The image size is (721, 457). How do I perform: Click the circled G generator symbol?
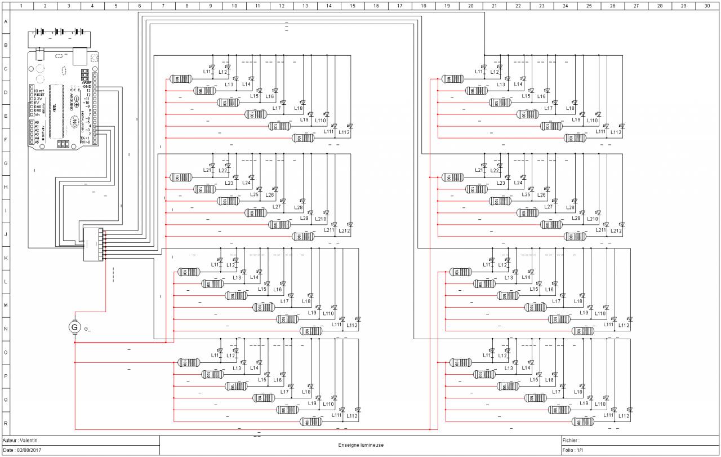[74, 327]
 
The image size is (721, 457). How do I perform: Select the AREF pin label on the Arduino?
[86, 82]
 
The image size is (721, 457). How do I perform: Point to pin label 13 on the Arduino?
[88, 90]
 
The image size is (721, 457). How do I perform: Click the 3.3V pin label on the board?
[38, 99]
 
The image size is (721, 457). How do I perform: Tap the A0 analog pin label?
[37, 122]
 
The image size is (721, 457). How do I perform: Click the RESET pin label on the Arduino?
[39, 95]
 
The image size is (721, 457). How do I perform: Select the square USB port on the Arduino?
[80, 55]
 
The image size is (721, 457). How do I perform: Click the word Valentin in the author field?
[29, 440]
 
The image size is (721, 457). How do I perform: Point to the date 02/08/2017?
[29, 450]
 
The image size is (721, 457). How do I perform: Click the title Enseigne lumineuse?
[360, 445]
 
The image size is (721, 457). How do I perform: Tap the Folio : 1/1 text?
[573, 450]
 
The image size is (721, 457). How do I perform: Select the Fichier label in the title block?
[571, 440]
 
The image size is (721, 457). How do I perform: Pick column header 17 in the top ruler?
[399, 5]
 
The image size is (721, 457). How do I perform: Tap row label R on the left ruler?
[5, 423]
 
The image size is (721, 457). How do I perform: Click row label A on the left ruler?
[5, 21]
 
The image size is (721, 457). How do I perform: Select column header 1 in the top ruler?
[21, 5]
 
